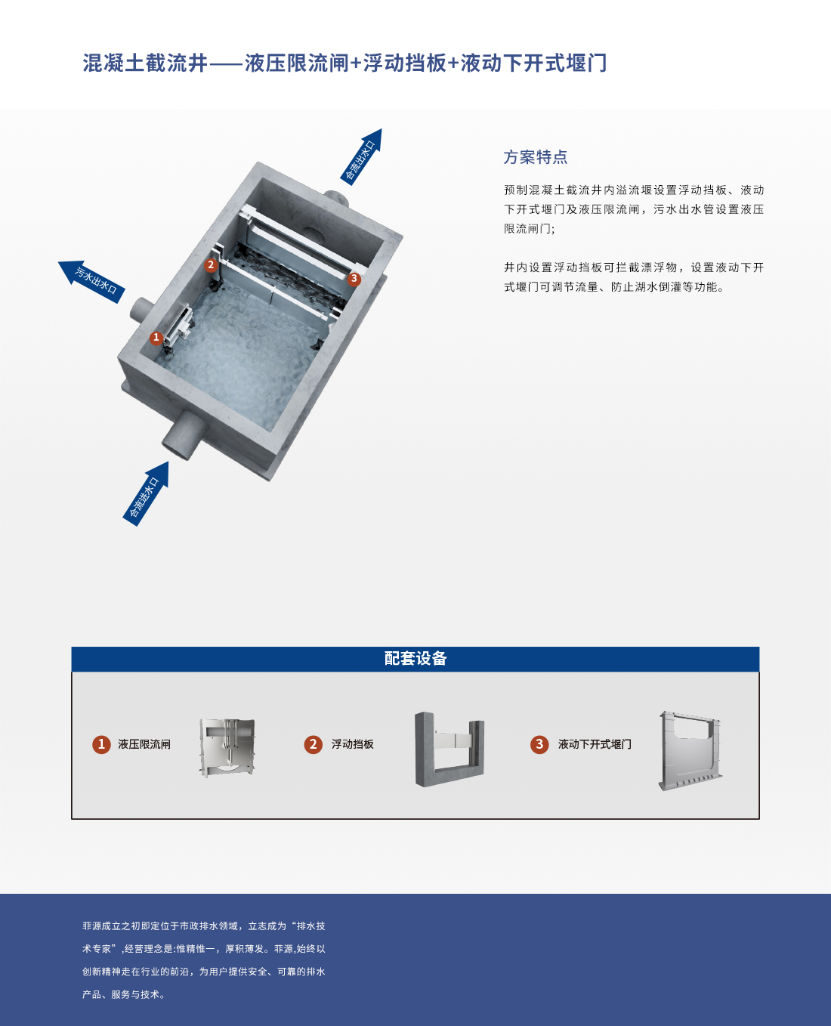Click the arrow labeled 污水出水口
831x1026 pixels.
coord(92,281)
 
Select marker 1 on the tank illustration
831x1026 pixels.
coord(156,338)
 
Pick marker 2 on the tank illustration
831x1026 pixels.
coord(211,265)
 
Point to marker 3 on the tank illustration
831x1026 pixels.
coord(354,279)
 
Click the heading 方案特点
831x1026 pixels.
coord(536,157)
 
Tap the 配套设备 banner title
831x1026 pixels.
coord(415,659)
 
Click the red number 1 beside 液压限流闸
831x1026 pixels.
coord(101,744)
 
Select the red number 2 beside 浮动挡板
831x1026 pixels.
coord(313,744)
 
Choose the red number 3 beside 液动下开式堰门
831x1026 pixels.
coord(539,744)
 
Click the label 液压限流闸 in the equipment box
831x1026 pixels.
coord(144,744)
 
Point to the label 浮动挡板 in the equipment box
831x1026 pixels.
coord(353,744)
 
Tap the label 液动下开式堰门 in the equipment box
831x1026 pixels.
coord(595,744)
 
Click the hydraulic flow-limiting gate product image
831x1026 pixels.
coord(227,747)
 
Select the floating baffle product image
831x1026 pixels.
coord(449,749)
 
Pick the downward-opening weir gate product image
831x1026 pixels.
coord(690,750)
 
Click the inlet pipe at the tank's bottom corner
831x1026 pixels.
coord(184,435)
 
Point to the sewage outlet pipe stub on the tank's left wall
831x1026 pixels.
coord(142,310)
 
